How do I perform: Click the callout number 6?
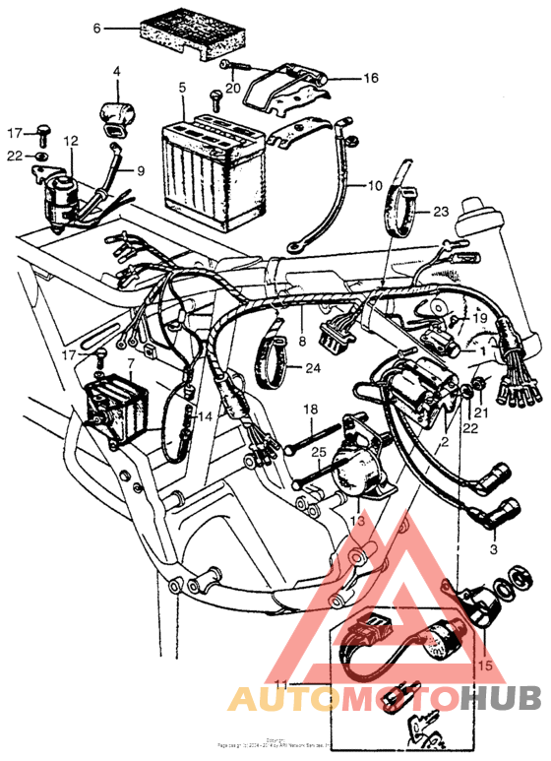pos(96,29)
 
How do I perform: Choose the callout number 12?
pos(70,142)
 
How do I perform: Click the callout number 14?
pos(204,416)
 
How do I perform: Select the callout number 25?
pos(317,452)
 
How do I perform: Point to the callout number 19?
pos(479,320)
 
